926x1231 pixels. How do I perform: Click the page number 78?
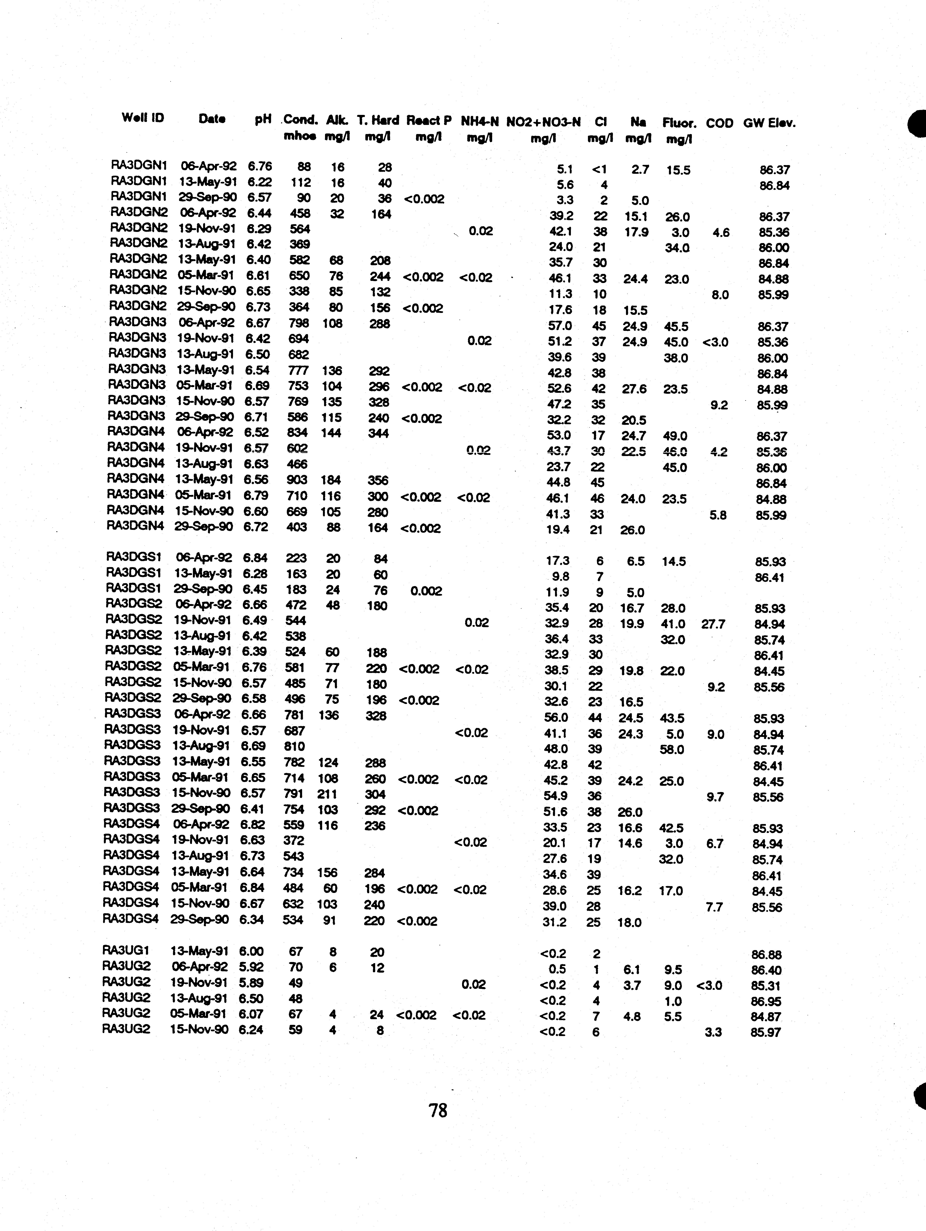[x=438, y=1110]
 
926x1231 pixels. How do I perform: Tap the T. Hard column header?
[x=378, y=120]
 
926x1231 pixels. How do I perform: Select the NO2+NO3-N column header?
[x=543, y=122]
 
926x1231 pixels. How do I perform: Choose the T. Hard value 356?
[x=378, y=480]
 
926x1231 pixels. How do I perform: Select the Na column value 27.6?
[x=634, y=388]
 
